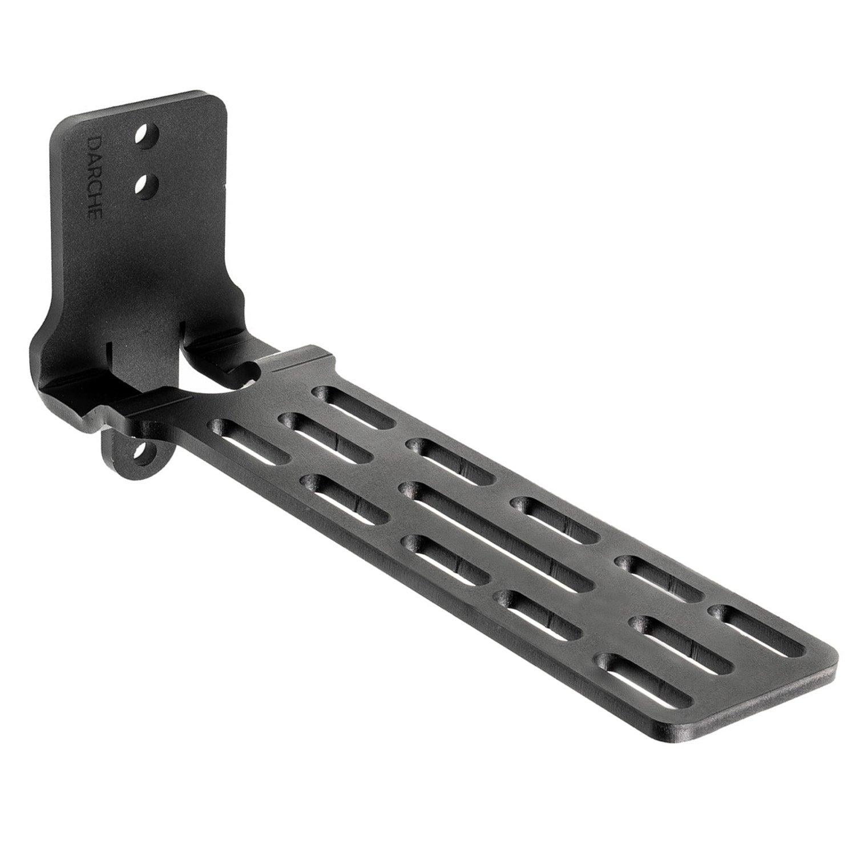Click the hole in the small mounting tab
click(139, 453)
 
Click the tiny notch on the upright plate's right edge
click(228, 185)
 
